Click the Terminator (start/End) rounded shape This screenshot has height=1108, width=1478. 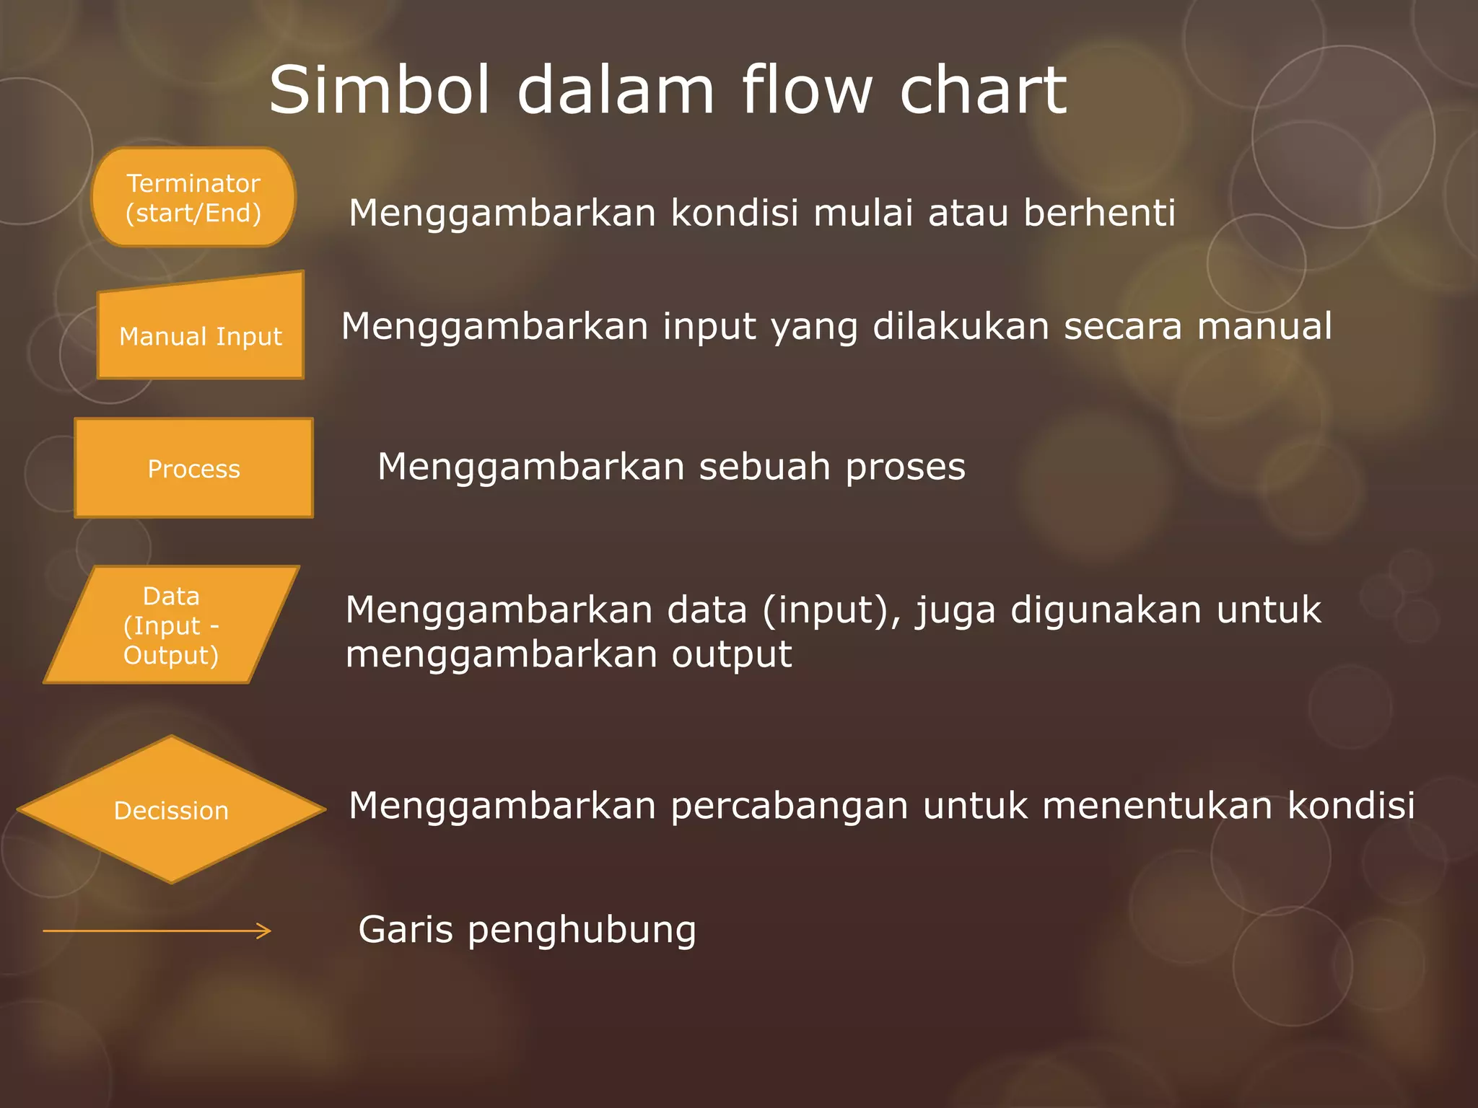tap(193, 198)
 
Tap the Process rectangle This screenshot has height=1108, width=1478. tap(193, 468)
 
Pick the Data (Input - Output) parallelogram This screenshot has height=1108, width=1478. tap(171, 625)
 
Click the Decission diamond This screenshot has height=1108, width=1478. tap(171, 810)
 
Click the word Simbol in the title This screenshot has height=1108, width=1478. tap(380, 90)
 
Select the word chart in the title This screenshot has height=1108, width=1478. tap(982, 90)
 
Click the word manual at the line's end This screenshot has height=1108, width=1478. tap(1264, 326)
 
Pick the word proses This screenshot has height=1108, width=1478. tap(905, 467)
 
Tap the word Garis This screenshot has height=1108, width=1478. tap(406, 929)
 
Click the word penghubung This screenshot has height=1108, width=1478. tap(582, 931)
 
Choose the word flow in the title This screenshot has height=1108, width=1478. tap(807, 90)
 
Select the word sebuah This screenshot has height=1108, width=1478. tap(764, 467)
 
